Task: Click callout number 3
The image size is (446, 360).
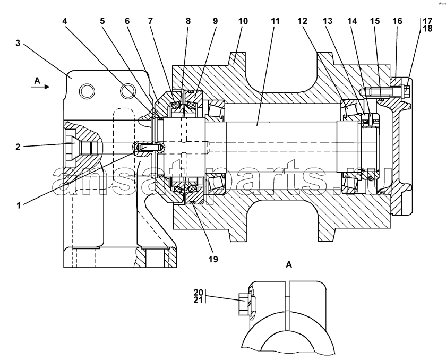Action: pos(18,43)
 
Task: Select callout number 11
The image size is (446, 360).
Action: pos(275,21)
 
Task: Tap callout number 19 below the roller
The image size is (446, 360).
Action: pos(213,259)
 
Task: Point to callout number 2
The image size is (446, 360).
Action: pos(18,147)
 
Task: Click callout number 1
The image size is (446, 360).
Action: pos(19,205)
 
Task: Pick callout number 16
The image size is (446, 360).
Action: pos(397,21)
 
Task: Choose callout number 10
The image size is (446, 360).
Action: pos(243,21)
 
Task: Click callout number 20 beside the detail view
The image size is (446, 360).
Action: pos(198,293)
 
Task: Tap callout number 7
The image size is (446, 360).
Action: pos(150,21)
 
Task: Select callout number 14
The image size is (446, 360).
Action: pos(352,21)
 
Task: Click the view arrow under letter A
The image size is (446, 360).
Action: pos(40,87)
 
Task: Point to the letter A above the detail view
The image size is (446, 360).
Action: pos(289,265)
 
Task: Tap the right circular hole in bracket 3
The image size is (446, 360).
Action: pos(127,91)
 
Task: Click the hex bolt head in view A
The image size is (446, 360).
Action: pos(243,305)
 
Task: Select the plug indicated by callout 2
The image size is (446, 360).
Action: pos(71,148)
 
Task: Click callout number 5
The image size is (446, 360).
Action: pos(102,21)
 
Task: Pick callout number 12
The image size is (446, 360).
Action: pos(302,21)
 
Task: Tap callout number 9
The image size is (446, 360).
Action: pos(215,21)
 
